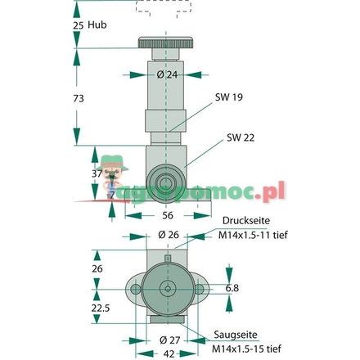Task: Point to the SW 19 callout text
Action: (228, 96)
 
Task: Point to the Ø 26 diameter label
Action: (167, 235)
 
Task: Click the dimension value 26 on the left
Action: (97, 268)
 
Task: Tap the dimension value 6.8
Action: (232, 288)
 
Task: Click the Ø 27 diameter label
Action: (168, 340)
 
